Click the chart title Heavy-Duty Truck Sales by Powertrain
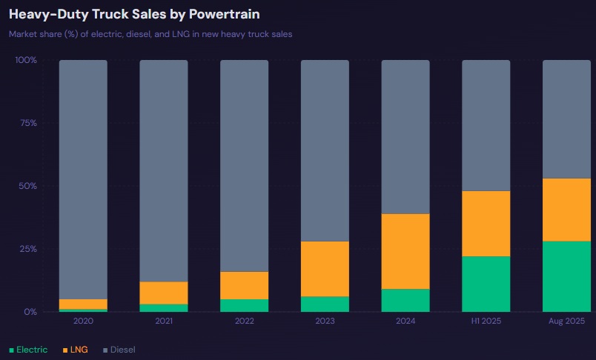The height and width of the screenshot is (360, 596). pyautogui.click(x=134, y=14)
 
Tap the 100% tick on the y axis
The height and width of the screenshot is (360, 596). pyautogui.click(x=26, y=60)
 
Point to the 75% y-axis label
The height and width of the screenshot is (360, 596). pyautogui.click(x=27, y=123)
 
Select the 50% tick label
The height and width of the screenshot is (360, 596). pyautogui.click(x=27, y=186)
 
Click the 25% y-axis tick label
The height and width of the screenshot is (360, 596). pyautogui.click(x=27, y=249)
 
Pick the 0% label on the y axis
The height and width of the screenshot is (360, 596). pyautogui.click(x=30, y=312)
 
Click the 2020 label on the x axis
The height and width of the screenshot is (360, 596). pyautogui.click(x=83, y=321)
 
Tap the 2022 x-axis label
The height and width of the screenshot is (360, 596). pyautogui.click(x=244, y=321)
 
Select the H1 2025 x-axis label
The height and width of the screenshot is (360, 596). pyautogui.click(x=486, y=321)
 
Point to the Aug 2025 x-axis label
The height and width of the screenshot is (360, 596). pyautogui.click(x=566, y=321)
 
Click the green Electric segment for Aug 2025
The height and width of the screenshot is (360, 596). pyautogui.click(x=566, y=276)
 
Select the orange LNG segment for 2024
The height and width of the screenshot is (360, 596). pyautogui.click(x=405, y=251)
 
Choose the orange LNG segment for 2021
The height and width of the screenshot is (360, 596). pyautogui.click(x=164, y=293)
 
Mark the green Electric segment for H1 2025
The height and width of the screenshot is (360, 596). pyautogui.click(x=486, y=284)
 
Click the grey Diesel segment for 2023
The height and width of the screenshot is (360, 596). pyautogui.click(x=325, y=150)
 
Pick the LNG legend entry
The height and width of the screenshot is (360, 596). pyautogui.click(x=76, y=350)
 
